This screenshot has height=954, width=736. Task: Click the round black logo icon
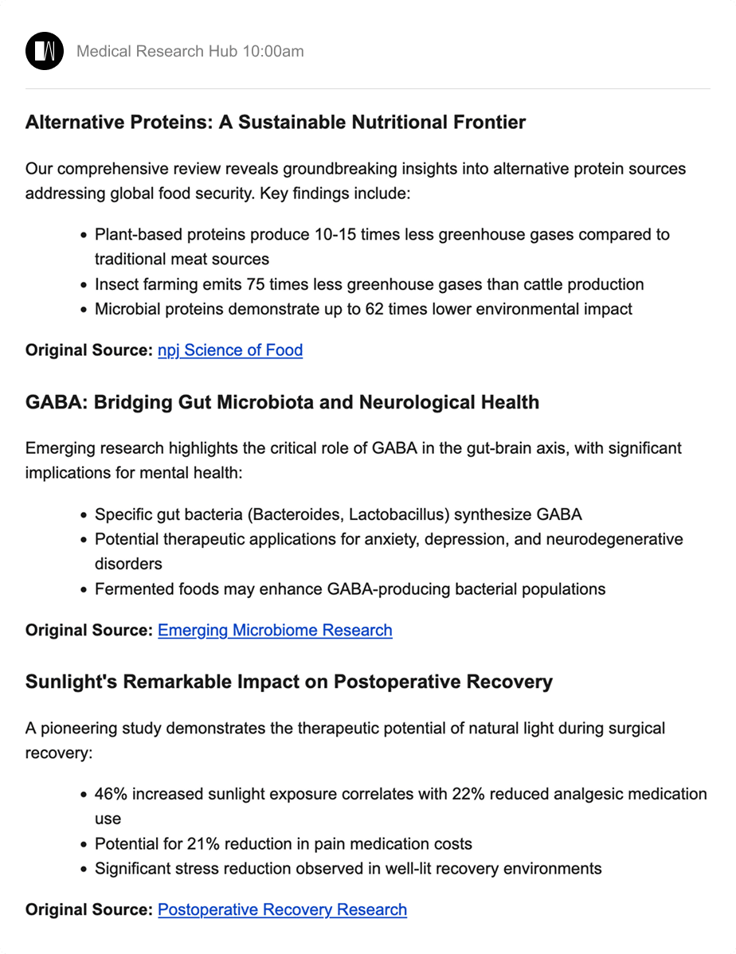pyautogui.click(x=45, y=52)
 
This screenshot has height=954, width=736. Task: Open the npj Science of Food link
pyautogui.click(x=230, y=350)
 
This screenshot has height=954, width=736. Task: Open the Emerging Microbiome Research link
pyautogui.click(x=275, y=630)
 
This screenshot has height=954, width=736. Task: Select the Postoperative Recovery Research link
pyautogui.click(x=282, y=909)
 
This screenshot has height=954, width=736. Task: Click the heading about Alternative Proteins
pyautogui.click(x=276, y=123)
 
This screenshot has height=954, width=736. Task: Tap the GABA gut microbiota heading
pyautogui.click(x=282, y=402)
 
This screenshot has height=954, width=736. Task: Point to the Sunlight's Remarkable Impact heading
pyautogui.click(x=288, y=682)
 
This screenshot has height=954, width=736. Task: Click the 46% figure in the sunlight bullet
pyautogui.click(x=109, y=794)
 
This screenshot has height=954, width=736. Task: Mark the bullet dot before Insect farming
pyautogui.click(x=84, y=285)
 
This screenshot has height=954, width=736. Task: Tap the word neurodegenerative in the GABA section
pyautogui.click(x=614, y=539)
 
